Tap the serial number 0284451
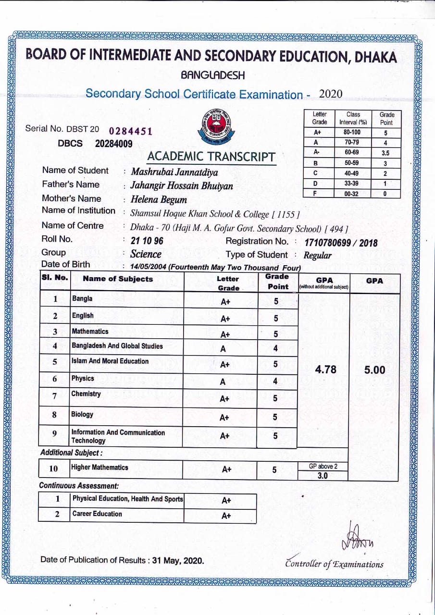[x=131, y=131]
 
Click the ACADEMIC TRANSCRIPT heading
[x=211, y=157]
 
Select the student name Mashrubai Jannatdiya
[x=174, y=172]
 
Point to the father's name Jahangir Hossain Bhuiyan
[x=182, y=186]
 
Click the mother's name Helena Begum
[x=159, y=200]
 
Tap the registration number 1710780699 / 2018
[x=341, y=243]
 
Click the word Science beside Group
[x=146, y=254]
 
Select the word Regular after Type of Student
[x=317, y=255]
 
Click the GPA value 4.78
[x=325, y=369]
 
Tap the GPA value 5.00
[x=374, y=369]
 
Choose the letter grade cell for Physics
[x=223, y=382]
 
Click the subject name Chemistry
[x=86, y=394]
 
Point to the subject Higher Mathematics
[x=99, y=467]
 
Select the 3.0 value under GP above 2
[x=323, y=476]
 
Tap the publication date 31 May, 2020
[x=178, y=560]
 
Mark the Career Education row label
[x=97, y=514]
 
